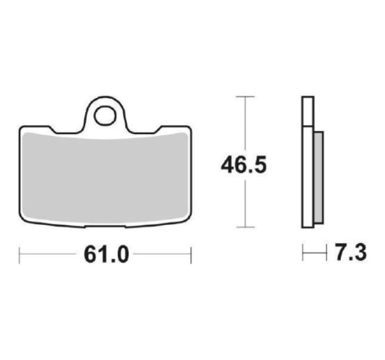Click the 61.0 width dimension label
coord(106,254)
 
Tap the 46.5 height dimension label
coord(243,165)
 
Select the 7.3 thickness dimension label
coord(351,253)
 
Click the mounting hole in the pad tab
coord(105,115)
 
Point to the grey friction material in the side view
coord(319,178)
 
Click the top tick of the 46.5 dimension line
coord(246,97)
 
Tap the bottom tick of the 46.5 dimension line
coord(246,227)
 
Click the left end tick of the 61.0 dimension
coord(19,255)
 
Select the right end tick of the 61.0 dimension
coord(191,255)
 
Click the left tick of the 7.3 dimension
coord(303,253)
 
